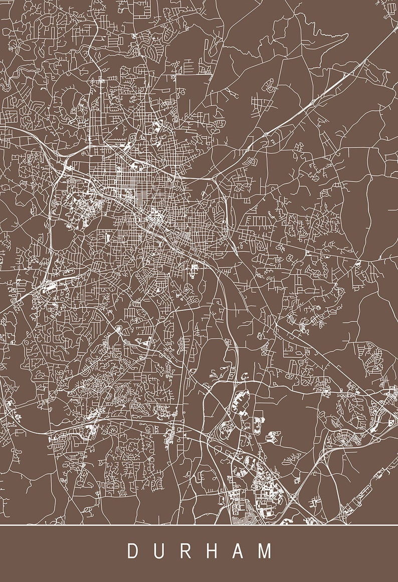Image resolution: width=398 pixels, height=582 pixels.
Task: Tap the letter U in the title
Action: tap(160, 551)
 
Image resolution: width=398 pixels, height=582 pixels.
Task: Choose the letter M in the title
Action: tap(265, 551)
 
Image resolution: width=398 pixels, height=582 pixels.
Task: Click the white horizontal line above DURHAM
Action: tap(199, 525)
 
